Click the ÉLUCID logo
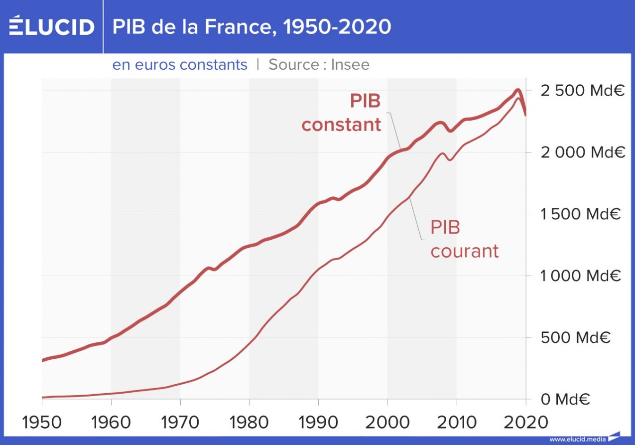pyautogui.click(x=51, y=26)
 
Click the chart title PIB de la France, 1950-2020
pyautogui.click(x=252, y=27)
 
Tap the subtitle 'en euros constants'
pyautogui.click(x=180, y=65)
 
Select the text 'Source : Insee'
pyautogui.click(x=319, y=65)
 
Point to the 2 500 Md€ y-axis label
pyautogui.click(x=582, y=91)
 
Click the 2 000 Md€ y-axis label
pyautogui.click(x=582, y=152)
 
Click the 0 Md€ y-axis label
pyautogui.click(x=566, y=399)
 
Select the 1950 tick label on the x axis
pyautogui.click(x=42, y=422)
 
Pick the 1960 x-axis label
pyautogui.click(x=111, y=422)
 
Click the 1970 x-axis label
pyautogui.click(x=180, y=422)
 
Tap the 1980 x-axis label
pyautogui.click(x=249, y=422)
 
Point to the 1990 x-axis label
pyautogui.click(x=318, y=422)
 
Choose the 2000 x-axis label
pyautogui.click(x=387, y=422)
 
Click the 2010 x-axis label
pyautogui.click(x=456, y=422)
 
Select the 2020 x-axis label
pyautogui.click(x=525, y=422)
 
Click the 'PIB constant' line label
pyautogui.click(x=342, y=113)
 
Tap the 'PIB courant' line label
pyautogui.click(x=464, y=239)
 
